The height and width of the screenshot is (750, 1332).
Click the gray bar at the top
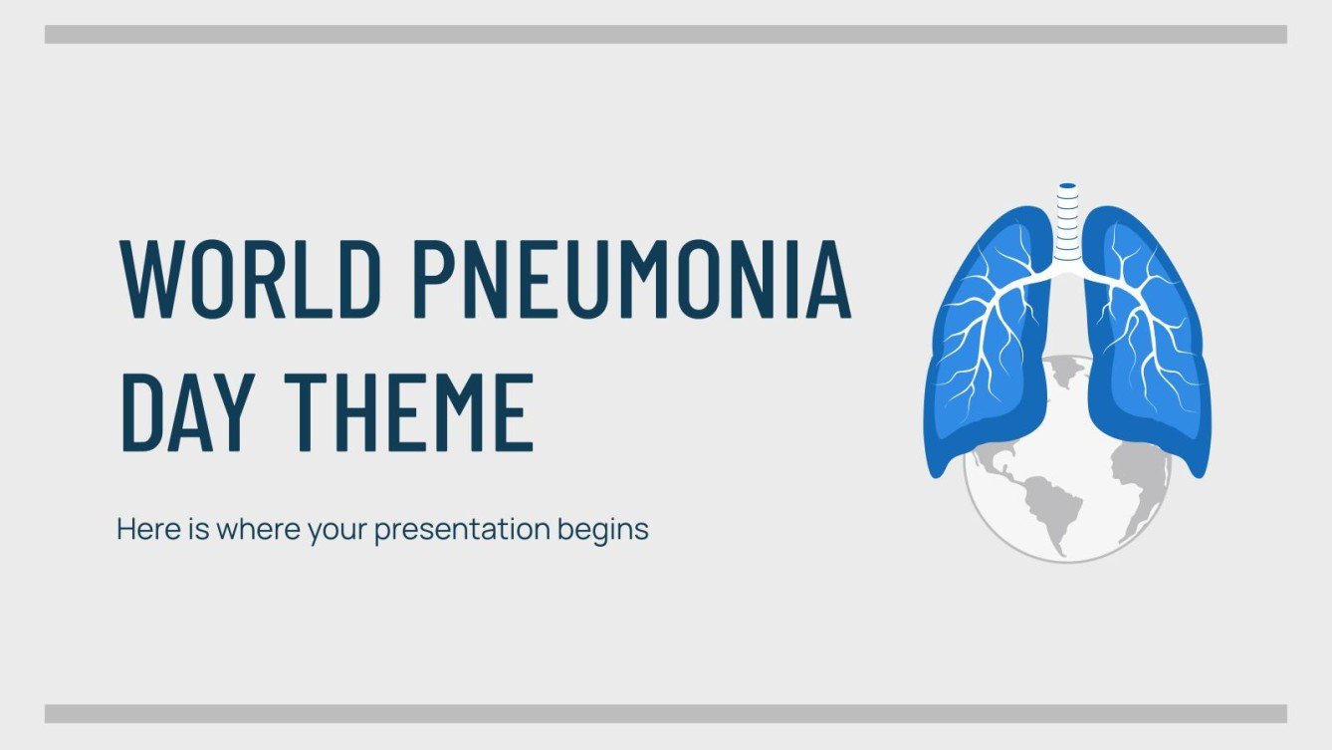665,35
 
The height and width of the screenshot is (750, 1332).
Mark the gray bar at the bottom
665,713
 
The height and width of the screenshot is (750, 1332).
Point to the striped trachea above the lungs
1068,224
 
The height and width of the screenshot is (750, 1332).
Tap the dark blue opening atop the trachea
1068,185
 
